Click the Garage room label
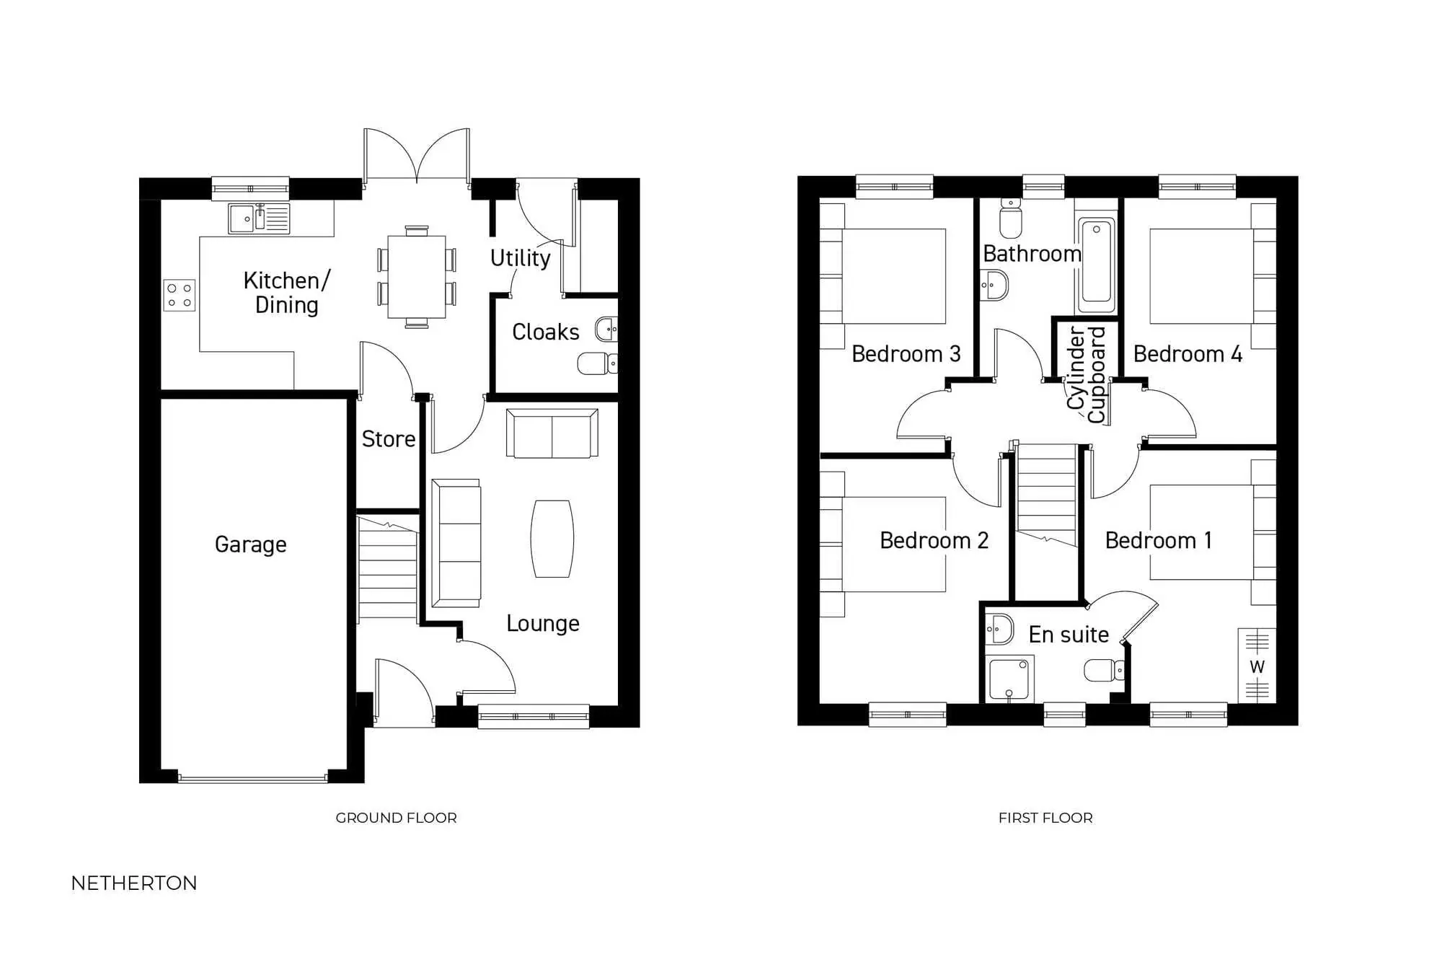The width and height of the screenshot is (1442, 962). [250, 544]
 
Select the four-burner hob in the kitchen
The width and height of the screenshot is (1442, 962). [180, 296]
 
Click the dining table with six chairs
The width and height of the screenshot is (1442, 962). [417, 277]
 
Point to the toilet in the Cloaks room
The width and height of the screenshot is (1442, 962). [596, 363]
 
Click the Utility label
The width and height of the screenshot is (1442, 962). [520, 258]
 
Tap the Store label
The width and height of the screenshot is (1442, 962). [388, 439]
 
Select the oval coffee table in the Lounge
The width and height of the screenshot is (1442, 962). [552, 539]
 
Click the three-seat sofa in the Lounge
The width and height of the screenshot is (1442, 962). [456, 543]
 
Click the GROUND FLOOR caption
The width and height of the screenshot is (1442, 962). [396, 818]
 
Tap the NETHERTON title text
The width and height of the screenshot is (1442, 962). [134, 883]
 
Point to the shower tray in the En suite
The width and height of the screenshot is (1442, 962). [1009, 678]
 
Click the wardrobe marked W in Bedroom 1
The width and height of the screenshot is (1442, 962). [1257, 666]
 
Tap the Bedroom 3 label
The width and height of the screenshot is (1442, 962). [906, 354]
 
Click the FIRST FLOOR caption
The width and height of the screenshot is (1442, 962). [1045, 818]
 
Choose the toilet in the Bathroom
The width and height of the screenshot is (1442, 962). [1011, 219]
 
